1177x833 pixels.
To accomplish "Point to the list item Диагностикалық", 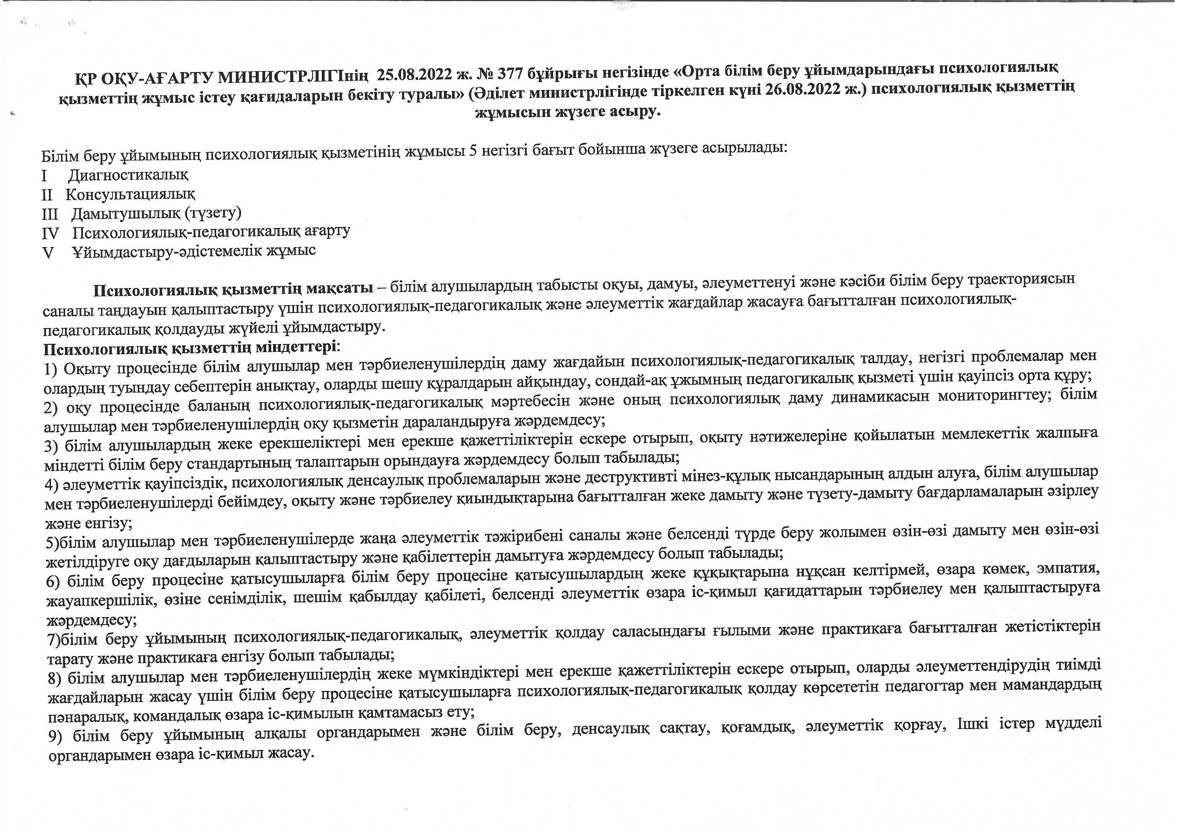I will click(128, 175).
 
